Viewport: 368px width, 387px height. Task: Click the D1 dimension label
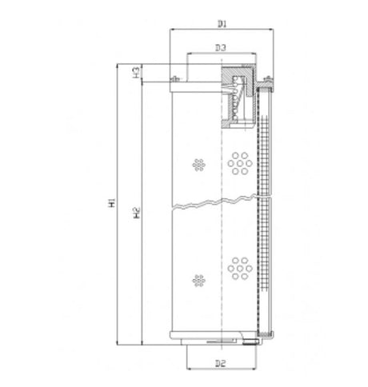click(x=222, y=24)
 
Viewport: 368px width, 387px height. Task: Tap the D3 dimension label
click(x=221, y=48)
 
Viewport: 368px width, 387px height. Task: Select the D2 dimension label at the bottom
click(x=221, y=363)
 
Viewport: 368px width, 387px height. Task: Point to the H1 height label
click(x=112, y=203)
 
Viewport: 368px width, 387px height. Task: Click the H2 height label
click(x=137, y=213)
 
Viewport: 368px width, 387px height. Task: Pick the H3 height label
click(x=136, y=72)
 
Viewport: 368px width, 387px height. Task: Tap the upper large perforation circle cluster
click(x=240, y=163)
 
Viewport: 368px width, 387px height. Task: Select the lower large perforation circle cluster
click(x=240, y=269)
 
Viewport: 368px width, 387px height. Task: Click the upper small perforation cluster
click(x=198, y=165)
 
